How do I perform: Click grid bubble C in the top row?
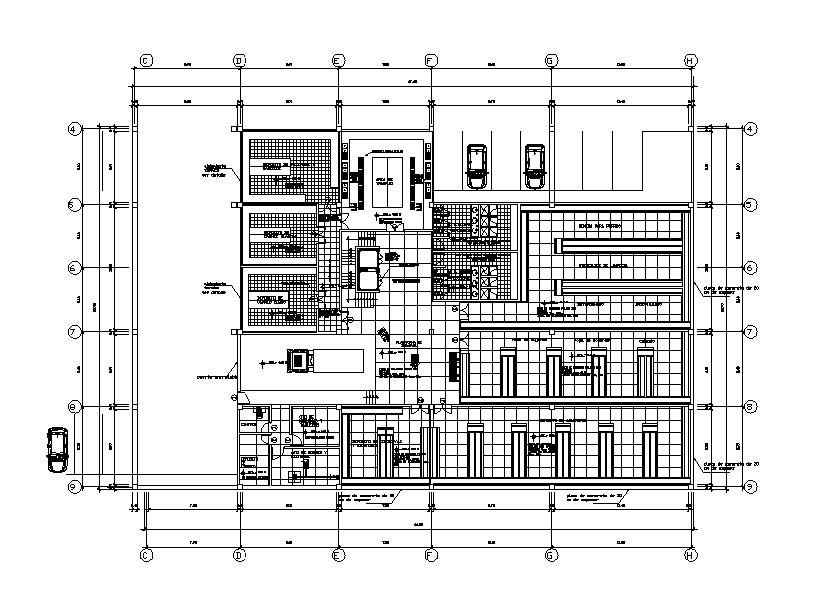pos(145,60)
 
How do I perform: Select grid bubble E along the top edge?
pos(337,60)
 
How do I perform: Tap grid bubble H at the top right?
pos(690,60)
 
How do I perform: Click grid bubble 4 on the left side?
pos(73,129)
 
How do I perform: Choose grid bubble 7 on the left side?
pos(73,331)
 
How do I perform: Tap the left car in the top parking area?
pos(477,164)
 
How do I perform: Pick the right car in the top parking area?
pos(535,165)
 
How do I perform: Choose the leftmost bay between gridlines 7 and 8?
pos(507,374)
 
